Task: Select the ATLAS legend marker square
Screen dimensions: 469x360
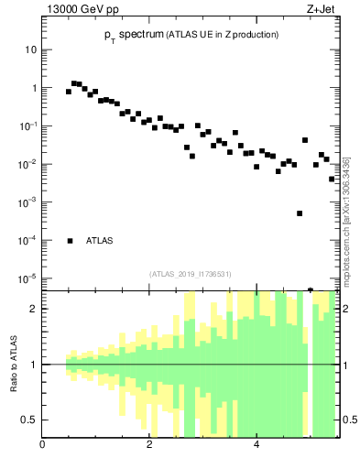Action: click(70, 241)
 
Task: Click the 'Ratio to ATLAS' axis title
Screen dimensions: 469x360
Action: click(14, 365)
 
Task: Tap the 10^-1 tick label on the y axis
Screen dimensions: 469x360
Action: click(30, 125)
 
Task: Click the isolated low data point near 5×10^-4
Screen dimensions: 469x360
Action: click(300, 213)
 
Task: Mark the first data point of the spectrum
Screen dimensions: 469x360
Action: click(69, 92)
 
